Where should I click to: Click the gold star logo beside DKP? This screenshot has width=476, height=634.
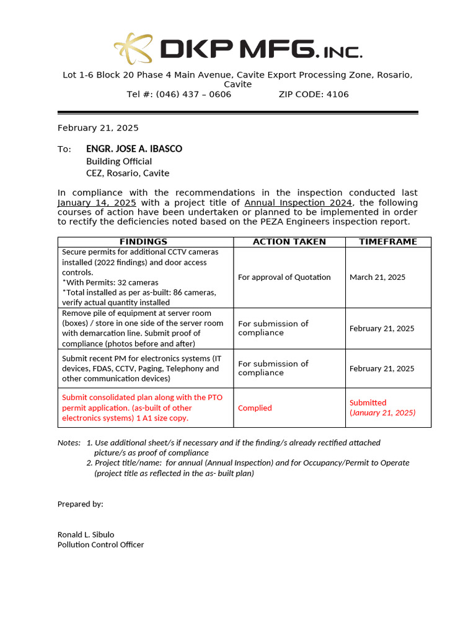tap(134, 49)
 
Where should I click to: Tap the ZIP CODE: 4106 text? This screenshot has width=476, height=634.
tap(314, 94)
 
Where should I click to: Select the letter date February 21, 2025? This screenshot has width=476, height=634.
tap(98, 128)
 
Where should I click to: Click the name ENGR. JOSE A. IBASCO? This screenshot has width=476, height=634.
tap(134, 149)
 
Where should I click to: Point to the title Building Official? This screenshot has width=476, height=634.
tap(119, 162)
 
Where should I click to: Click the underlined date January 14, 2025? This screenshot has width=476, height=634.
tap(97, 203)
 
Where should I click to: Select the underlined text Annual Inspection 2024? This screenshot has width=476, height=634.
tap(298, 203)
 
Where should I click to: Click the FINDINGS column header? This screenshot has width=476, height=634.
tap(144, 242)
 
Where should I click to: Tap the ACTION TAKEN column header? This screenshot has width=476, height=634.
tap(289, 242)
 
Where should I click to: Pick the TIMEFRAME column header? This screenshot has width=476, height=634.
tap(388, 242)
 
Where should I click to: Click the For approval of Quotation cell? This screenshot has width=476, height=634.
tap(284, 277)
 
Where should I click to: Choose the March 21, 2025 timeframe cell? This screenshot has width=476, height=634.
tap(377, 277)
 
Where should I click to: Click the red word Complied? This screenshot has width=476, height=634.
tap(255, 408)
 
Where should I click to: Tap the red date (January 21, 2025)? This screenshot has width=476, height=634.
tap(382, 413)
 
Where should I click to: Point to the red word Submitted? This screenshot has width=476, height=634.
tap(368, 402)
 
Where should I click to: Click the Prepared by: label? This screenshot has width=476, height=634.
tap(80, 504)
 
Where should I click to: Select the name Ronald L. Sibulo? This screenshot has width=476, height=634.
tap(86, 534)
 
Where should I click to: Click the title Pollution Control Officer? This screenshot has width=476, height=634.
tap(100, 545)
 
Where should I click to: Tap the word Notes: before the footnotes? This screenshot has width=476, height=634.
tap(69, 443)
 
